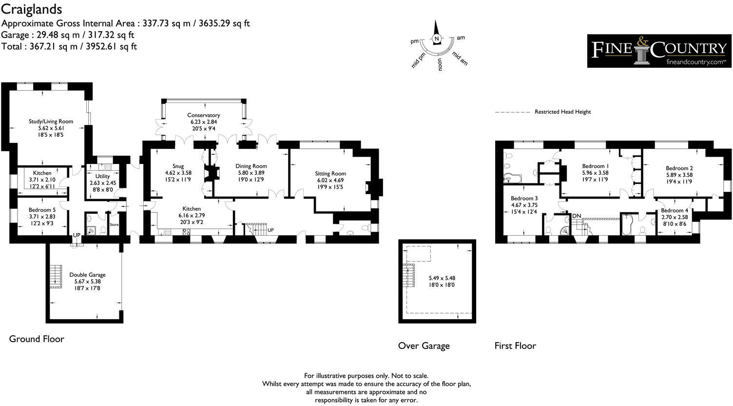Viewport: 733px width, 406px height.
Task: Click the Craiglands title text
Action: coord(32,9)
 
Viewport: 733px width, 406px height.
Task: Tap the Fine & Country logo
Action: coord(659,51)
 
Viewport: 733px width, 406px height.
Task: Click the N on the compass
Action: coord(437,39)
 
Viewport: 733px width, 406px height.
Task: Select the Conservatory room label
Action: coord(204,115)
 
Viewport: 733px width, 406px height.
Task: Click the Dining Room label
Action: coord(251,166)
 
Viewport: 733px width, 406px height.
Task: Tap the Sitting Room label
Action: coord(330,173)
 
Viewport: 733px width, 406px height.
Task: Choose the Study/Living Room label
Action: coord(50,122)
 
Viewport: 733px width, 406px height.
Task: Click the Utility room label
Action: coord(102,176)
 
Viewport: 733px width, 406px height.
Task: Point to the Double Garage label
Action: coord(87,275)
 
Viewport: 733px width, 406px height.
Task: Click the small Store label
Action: coord(114,225)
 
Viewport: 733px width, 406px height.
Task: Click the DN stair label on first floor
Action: coord(577,216)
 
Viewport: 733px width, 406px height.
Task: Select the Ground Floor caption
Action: coord(37,339)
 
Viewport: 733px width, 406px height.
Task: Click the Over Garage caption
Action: coord(424,345)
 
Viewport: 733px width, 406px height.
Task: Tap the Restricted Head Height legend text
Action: coord(562,112)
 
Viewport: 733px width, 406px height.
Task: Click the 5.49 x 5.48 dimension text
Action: coord(442,278)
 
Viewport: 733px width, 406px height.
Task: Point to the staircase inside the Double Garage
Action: coord(56,276)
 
